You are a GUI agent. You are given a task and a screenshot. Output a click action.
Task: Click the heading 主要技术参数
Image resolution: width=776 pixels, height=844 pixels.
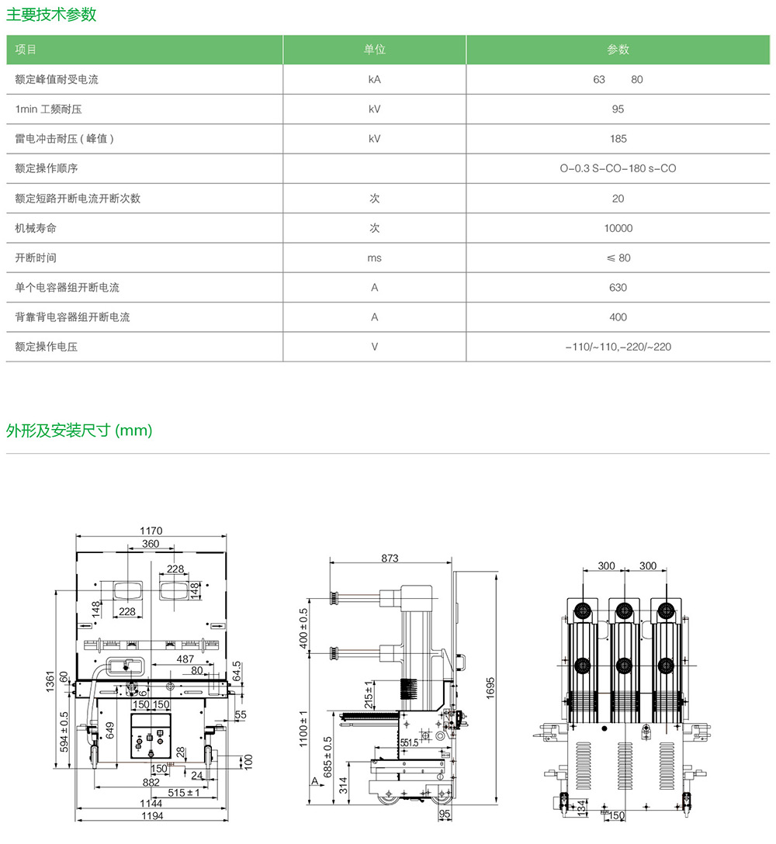click(x=52, y=14)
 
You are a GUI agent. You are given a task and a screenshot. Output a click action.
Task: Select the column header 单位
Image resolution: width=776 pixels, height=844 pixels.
click(x=374, y=50)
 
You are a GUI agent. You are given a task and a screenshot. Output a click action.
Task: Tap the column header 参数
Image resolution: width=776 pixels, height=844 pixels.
click(x=618, y=50)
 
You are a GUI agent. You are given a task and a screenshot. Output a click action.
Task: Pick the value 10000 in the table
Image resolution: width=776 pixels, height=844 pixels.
click(x=618, y=228)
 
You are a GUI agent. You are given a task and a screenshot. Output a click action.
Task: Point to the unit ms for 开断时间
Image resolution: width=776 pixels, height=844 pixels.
click(x=374, y=258)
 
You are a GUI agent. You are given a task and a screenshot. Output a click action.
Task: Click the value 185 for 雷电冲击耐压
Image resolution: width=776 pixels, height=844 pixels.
click(x=618, y=139)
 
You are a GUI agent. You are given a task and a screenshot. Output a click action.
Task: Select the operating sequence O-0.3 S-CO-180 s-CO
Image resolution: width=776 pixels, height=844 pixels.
click(x=618, y=168)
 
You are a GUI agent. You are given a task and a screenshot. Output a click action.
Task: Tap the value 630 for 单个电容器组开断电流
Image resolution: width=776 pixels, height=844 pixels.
click(x=618, y=287)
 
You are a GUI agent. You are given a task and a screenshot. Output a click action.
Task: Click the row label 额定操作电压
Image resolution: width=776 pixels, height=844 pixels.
click(x=47, y=347)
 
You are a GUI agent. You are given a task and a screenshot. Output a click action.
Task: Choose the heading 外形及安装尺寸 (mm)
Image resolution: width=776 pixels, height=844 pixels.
click(x=79, y=431)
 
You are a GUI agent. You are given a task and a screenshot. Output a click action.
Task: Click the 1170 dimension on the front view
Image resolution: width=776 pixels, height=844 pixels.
click(x=151, y=531)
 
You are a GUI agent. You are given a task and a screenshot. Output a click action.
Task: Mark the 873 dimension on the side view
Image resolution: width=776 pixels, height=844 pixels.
click(x=390, y=559)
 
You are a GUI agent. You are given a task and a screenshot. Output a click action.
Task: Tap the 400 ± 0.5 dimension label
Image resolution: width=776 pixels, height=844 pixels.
click(x=304, y=628)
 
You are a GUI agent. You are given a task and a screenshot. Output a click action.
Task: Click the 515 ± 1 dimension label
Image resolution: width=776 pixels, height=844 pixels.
click(x=184, y=793)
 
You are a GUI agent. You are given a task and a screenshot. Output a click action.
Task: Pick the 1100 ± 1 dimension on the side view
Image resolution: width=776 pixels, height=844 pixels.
click(x=304, y=729)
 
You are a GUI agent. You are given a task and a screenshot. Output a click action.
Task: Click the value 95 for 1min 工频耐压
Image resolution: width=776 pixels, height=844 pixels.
click(x=618, y=109)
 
